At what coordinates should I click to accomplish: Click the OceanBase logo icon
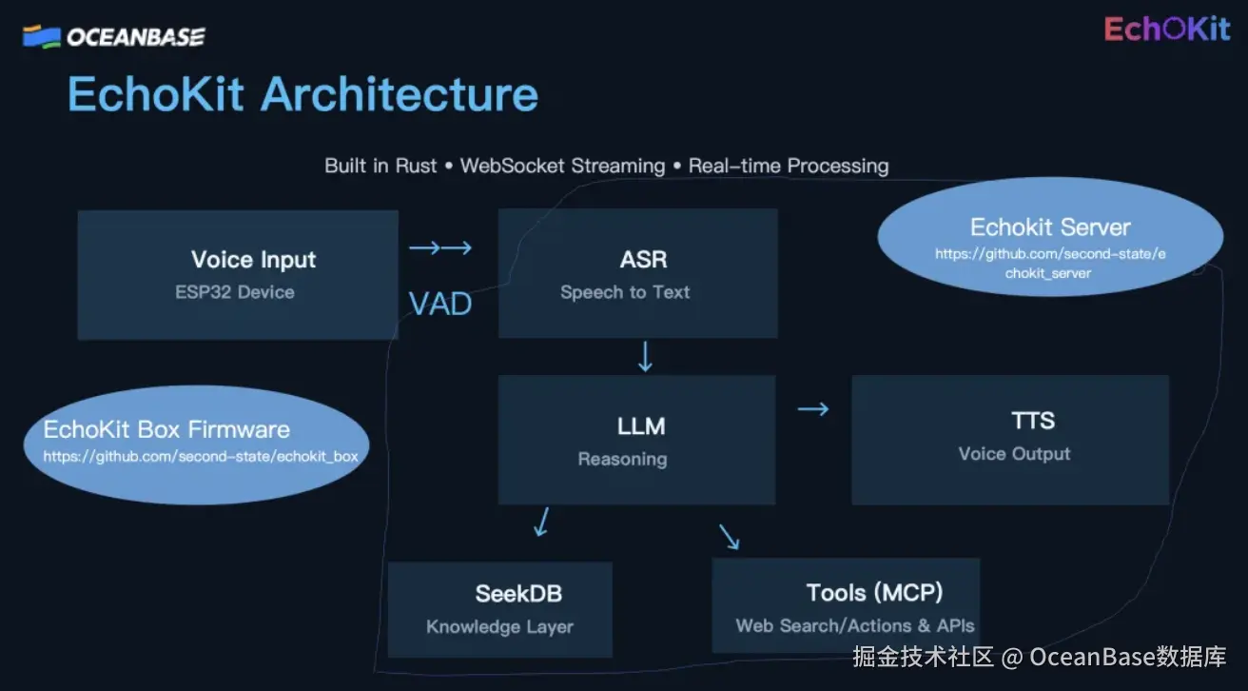41,37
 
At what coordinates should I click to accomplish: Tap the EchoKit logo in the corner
1166,30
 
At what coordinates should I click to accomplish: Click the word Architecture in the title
400,95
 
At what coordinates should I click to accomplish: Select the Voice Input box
237,274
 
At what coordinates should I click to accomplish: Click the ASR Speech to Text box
637,274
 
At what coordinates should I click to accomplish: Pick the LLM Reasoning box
636,440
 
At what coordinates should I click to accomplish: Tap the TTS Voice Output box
1009,440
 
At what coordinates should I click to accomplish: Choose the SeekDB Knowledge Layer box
499,609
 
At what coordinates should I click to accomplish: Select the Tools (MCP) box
846,606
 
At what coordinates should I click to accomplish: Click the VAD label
440,304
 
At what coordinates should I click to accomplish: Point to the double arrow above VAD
440,248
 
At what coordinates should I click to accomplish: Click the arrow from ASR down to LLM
645,356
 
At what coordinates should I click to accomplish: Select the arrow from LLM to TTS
813,409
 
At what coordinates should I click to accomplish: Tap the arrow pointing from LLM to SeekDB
541,522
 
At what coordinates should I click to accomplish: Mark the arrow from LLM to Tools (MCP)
730,537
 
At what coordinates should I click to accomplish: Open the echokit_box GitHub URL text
201,457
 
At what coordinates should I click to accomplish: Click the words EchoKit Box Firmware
166,429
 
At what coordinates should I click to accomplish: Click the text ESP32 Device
234,292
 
